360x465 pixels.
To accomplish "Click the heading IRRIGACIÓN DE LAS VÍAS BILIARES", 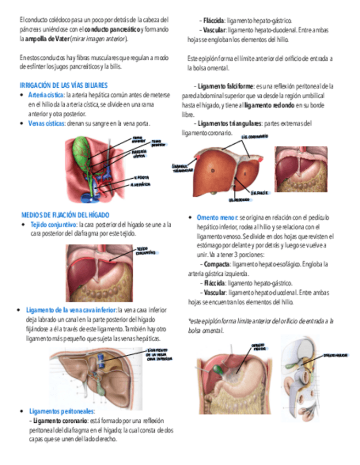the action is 64,86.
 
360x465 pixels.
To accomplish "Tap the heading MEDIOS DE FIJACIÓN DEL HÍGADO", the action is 65,214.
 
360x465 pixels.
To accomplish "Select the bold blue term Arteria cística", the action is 46,95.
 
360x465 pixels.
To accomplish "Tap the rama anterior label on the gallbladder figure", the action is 137,139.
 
